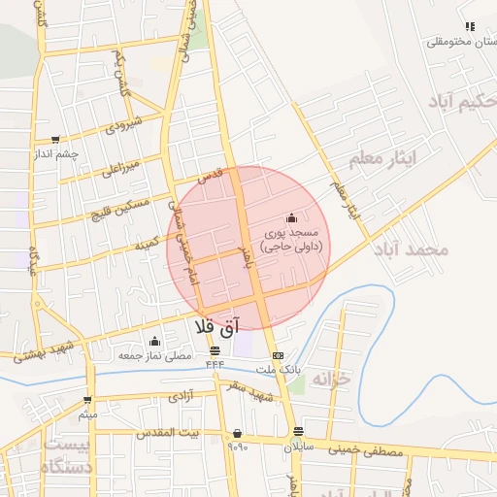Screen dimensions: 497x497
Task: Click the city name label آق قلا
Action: [x=216, y=328]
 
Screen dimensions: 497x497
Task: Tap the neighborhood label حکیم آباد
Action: [x=459, y=100]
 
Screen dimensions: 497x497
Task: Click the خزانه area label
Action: [x=329, y=381]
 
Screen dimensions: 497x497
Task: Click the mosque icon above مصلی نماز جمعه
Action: [x=154, y=341]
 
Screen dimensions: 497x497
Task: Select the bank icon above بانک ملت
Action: [x=279, y=356]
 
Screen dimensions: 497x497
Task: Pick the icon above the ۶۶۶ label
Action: [x=215, y=350]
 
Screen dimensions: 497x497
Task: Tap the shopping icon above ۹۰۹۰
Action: [x=237, y=433]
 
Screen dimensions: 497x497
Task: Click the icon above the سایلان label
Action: [x=298, y=431]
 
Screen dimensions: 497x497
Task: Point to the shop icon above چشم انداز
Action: [x=54, y=139]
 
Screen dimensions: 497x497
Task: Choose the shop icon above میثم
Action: [x=87, y=400]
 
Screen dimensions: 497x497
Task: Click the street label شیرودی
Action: [x=125, y=125]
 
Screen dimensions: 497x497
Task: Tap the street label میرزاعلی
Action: [x=122, y=168]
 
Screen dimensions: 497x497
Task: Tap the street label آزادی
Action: [x=182, y=396]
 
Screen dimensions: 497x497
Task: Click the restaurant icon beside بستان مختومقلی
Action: [x=470, y=26]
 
